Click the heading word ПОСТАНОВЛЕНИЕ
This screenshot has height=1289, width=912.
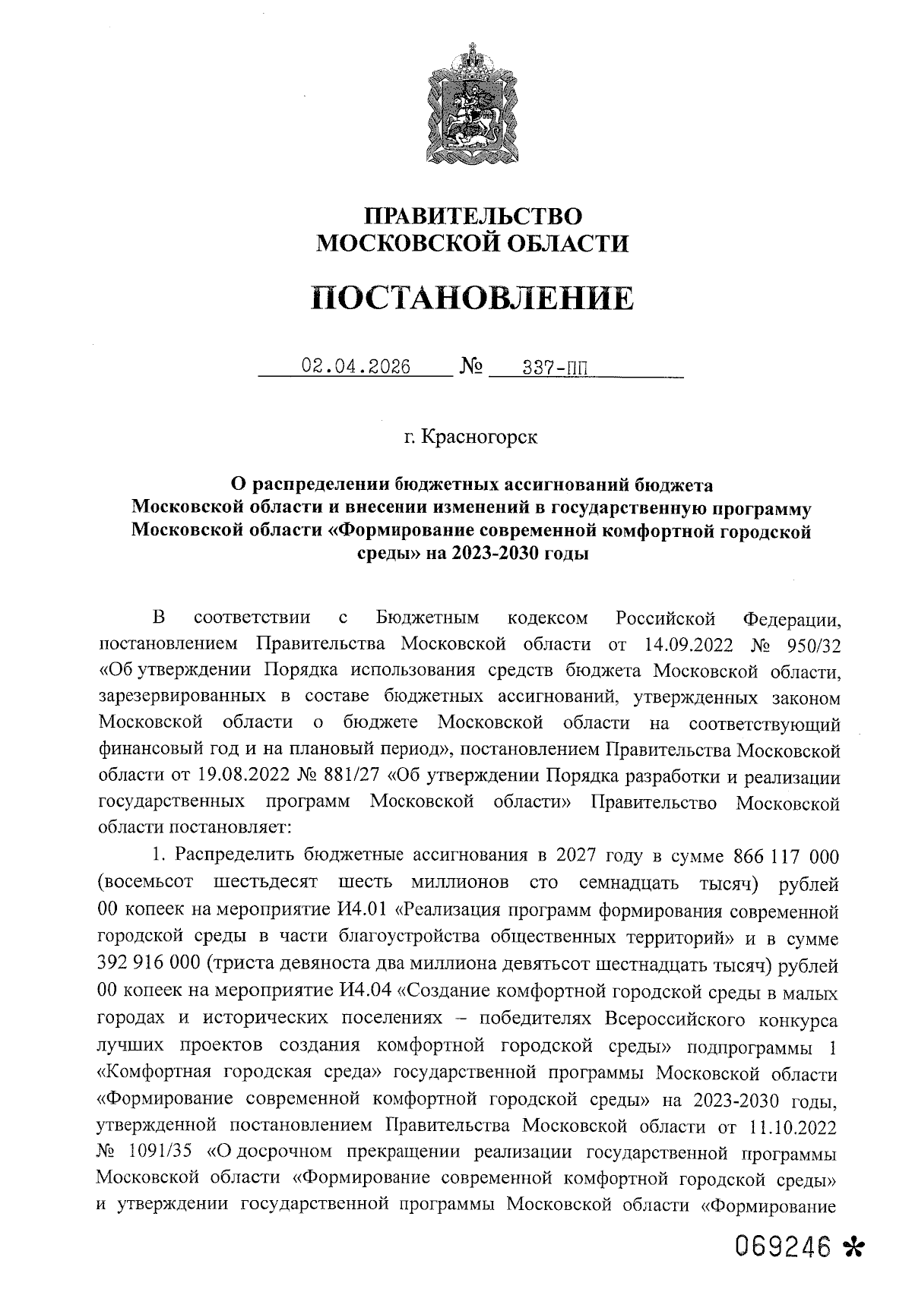[472, 299]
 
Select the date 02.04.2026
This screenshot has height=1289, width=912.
[356, 368]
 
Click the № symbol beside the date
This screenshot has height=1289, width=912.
[471, 368]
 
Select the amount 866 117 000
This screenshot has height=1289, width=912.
[786, 857]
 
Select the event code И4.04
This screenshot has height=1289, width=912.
[362, 994]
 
